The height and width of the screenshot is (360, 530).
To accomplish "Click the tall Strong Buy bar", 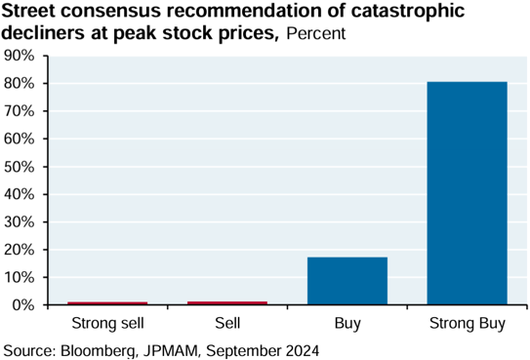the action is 467,193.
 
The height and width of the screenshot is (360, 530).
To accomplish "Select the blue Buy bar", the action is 347,281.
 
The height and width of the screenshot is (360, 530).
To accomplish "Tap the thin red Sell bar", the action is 227,302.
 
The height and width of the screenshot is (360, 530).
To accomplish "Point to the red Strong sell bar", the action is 107,303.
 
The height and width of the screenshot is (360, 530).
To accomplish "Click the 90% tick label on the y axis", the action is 20,56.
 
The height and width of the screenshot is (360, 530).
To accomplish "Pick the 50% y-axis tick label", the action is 20,167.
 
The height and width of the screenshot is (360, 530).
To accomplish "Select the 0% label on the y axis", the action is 23,305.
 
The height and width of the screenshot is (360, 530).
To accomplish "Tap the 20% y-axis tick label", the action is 20,250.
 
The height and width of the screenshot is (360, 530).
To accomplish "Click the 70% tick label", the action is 20,111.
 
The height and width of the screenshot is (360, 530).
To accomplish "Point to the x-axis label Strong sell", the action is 107,323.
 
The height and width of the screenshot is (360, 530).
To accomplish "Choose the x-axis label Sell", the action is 227,323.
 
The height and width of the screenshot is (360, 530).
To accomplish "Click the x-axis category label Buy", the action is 347,324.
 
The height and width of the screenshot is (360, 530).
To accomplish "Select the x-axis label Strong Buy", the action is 468,324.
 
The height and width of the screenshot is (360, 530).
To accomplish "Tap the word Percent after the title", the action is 316,33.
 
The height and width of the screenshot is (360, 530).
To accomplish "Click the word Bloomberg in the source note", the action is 99,351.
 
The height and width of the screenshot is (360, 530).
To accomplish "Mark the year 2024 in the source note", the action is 303,351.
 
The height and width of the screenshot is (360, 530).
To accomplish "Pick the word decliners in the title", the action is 42,33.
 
